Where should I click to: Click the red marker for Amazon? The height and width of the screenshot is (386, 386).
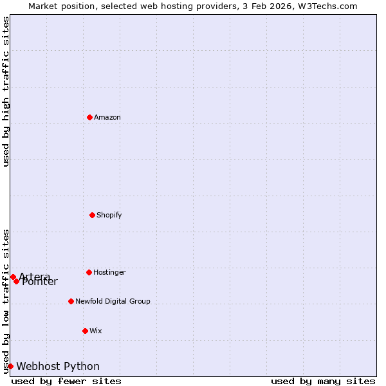[90, 117]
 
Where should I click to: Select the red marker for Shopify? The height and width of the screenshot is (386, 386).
[93, 215]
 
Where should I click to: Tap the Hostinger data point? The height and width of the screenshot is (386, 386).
[89, 272]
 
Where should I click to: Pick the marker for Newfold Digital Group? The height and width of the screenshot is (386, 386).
[71, 301]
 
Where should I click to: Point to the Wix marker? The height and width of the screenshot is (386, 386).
[86, 331]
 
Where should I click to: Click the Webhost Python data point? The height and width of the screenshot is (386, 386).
[10, 366]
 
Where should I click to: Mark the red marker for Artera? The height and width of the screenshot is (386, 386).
[13, 277]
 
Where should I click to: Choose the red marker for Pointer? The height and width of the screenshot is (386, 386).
[17, 281]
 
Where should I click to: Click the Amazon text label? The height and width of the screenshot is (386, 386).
[107, 117]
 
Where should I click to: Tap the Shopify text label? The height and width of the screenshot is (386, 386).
[109, 215]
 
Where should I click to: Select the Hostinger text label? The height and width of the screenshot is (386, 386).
[109, 272]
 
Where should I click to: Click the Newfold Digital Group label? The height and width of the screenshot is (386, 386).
[113, 301]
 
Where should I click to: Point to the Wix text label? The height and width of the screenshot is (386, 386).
[96, 331]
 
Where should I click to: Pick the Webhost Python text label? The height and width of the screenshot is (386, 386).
[58, 366]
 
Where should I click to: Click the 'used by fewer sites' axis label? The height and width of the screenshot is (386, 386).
[66, 381]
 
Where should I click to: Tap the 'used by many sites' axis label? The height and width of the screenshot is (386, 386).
[323, 381]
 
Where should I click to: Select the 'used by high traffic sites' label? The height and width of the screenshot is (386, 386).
[6, 91]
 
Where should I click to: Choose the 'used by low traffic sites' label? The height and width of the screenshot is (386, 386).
[6, 300]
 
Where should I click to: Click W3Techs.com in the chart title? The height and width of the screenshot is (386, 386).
[329, 6]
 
